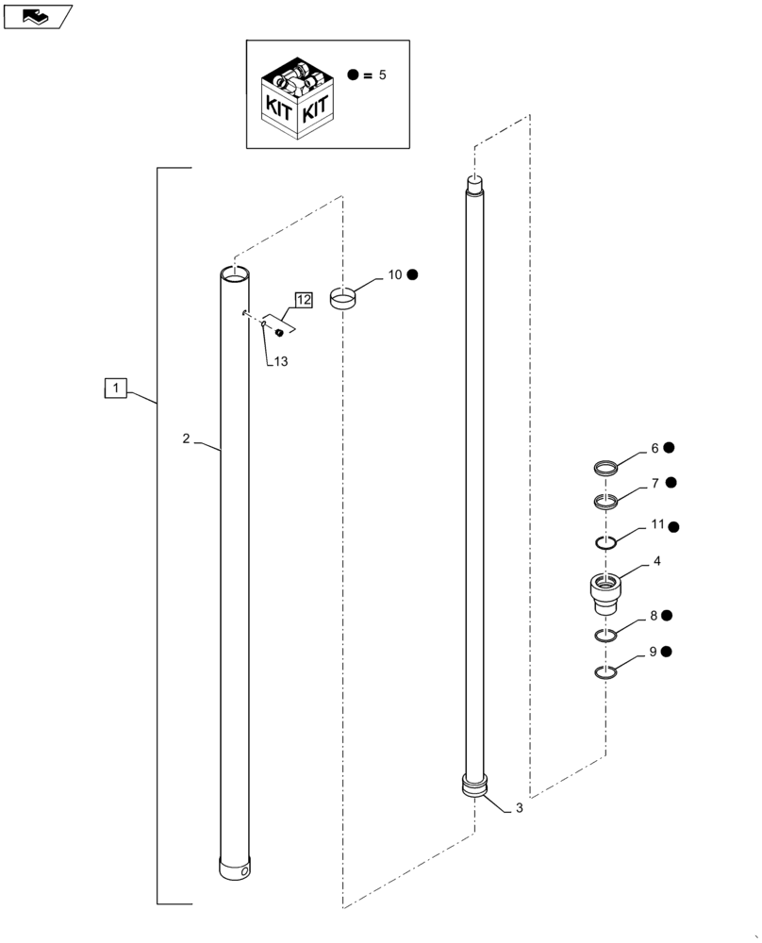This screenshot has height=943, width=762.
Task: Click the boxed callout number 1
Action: click(x=114, y=388)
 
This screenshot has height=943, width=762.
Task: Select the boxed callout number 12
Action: click(x=303, y=300)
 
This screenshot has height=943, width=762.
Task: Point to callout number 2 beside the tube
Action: click(x=187, y=439)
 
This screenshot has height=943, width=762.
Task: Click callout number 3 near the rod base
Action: click(x=518, y=809)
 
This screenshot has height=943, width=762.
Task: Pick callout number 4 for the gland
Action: click(x=655, y=561)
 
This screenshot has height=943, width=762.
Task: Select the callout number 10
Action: click(x=394, y=274)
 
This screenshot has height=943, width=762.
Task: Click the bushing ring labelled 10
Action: click(x=343, y=297)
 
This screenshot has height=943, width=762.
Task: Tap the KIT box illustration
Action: click(x=296, y=99)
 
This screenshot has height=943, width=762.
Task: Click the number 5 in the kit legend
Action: click(x=382, y=74)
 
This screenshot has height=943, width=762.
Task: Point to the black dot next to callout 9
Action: click(x=668, y=652)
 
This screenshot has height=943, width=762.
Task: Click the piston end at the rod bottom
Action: click(x=476, y=786)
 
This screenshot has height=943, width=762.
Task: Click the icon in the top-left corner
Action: click(x=36, y=16)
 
